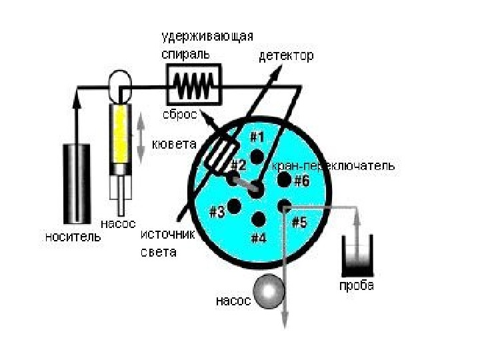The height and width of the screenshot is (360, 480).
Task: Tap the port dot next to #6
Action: point(283,180)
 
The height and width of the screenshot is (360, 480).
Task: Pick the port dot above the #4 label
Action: point(259,217)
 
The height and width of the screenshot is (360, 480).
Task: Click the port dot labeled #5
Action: point(284,205)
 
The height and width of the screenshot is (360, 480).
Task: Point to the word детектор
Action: point(285,56)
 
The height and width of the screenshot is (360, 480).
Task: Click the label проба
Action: point(355,287)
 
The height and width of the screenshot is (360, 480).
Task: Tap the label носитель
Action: point(73,236)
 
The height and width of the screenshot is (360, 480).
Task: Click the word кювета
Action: point(174,144)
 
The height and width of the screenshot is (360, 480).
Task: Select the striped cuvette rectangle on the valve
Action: point(218,154)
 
